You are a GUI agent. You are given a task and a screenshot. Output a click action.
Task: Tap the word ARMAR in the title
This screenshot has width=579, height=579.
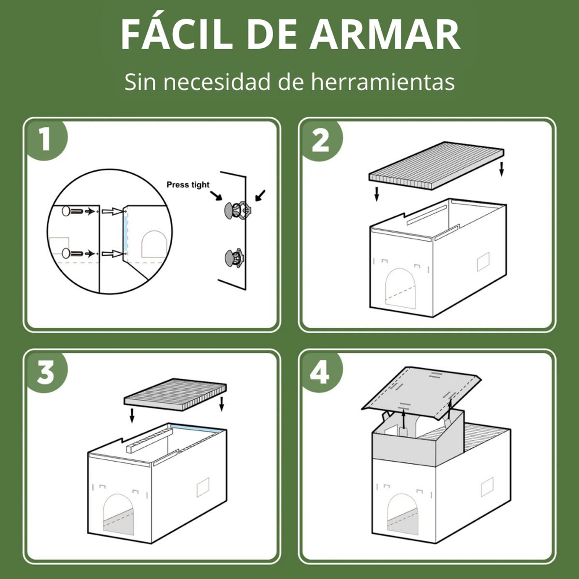tap(385, 35)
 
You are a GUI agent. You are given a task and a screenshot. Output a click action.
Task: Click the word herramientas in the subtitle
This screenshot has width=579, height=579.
tap(383, 82)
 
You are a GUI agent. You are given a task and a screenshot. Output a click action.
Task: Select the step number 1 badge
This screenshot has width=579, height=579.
tap(47, 140)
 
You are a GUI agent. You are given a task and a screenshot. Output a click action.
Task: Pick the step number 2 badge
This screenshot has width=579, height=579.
tap(321, 140)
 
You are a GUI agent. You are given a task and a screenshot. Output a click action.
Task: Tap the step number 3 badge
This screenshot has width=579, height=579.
tap(47, 372)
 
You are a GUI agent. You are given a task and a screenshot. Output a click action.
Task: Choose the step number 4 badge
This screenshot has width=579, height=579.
tap(321, 372)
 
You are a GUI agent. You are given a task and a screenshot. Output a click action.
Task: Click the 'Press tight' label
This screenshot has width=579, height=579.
tap(188, 185)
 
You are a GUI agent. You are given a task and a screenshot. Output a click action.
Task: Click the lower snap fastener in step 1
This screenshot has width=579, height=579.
tap(234, 258)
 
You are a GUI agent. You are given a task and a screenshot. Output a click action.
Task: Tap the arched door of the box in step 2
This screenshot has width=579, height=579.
tap(401, 288)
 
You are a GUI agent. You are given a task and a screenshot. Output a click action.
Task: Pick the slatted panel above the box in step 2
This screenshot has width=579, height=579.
tap(436, 165)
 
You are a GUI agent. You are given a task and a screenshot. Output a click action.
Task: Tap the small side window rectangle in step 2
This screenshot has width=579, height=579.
tap(483, 262)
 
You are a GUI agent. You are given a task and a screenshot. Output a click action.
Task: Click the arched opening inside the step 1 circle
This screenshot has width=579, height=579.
tap(154, 244)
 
